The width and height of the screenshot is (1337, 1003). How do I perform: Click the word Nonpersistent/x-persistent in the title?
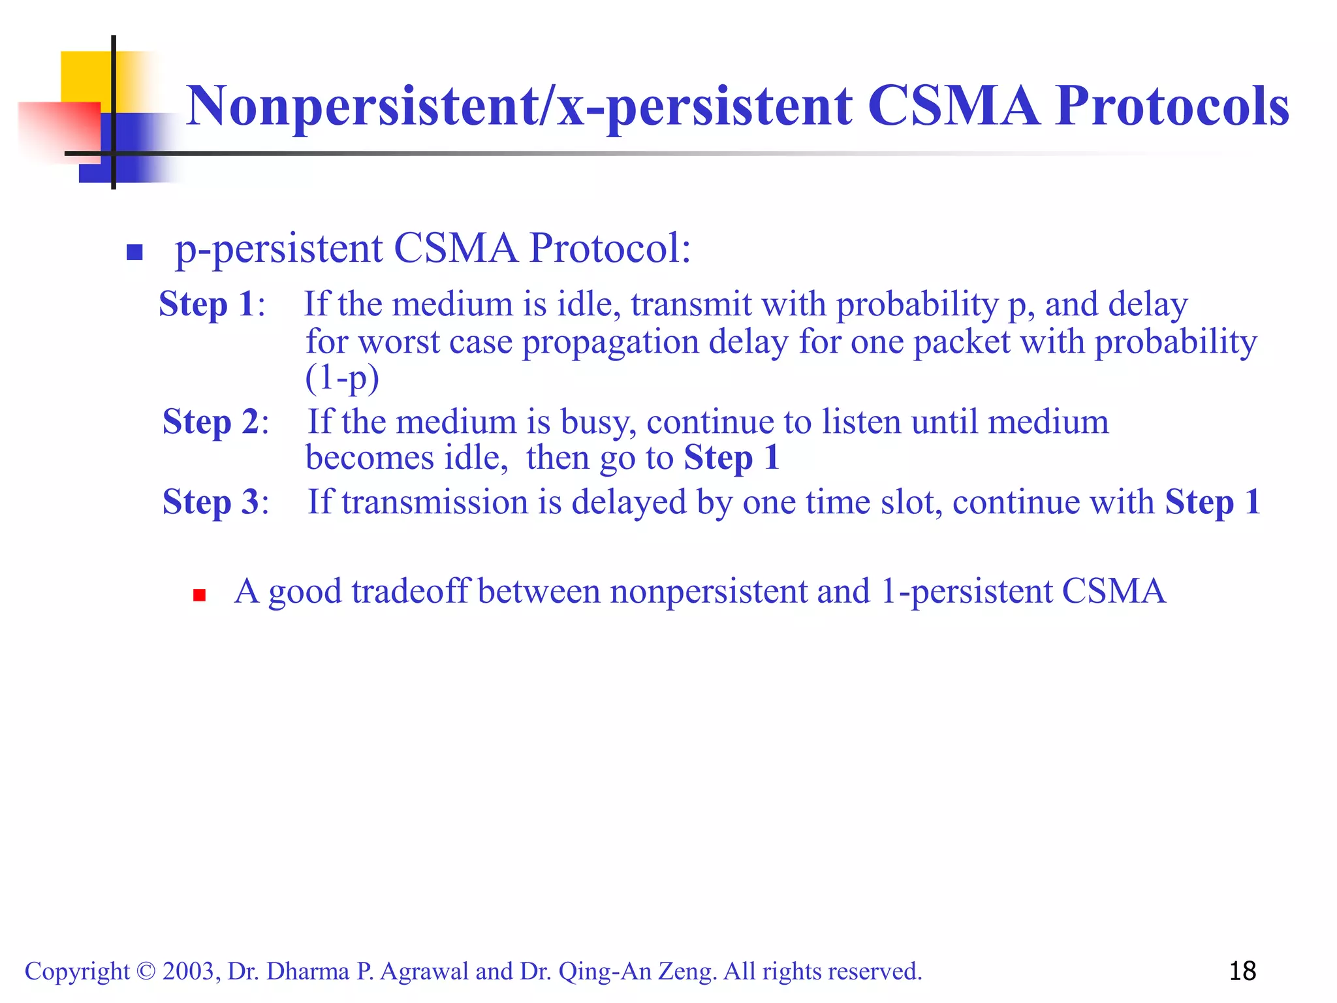pyautogui.click(x=519, y=106)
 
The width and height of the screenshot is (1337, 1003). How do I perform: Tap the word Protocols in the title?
pyautogui.click(x=1172, y=106)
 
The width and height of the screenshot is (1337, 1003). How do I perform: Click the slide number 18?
pyautogui.click(x=1242, y=971)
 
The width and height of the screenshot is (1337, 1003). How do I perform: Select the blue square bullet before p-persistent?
pyautogui.click(x=134, y=252)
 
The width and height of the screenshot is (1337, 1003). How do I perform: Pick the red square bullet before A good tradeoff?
pyautogui.click(x=200, y=595)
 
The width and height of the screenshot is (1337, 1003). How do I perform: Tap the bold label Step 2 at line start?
pyautogui.click(x=210, y=422)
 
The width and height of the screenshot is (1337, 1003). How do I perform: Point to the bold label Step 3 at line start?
pyautogui.click(x=210, y=502)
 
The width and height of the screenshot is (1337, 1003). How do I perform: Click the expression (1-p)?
pyautogui.click(x=342, y=378)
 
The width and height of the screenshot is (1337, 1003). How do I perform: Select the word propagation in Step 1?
pyautogui.click(x=610, y=342)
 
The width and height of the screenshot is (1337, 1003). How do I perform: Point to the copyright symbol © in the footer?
pyautogui.click(x=146, y=972)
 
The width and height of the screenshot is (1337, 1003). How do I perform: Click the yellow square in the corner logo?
pyautogui.click(x=85, y=76)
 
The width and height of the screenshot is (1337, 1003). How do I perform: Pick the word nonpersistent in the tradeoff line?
pyautogui.click(x=708, y=592)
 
